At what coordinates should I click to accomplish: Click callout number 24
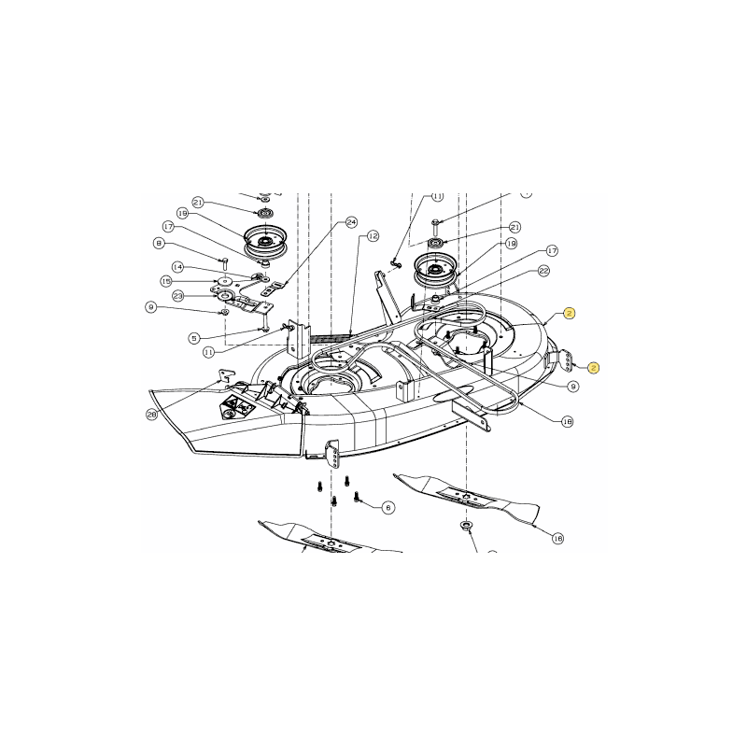point(351,222)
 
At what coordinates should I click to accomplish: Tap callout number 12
point(373,236)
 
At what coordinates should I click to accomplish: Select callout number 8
point(160,244)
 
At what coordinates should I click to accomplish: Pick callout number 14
point(177,266)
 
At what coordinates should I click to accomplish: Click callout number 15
point(165,281)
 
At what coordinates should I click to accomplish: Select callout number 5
point(194,338)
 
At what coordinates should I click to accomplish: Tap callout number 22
point(543,271)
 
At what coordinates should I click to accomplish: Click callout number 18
point(567,421)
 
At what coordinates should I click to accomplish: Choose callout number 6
point(388,507)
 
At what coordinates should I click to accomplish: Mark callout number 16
point(557,538)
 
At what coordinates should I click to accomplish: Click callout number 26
point(151,414)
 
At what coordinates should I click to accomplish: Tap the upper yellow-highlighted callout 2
point(570,314)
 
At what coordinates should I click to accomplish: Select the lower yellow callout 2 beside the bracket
point(594,368)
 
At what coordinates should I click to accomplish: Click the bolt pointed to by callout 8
point(224,261)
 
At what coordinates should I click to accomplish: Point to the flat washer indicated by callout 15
point(225,280)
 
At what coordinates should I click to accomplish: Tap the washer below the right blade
point(464,529)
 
